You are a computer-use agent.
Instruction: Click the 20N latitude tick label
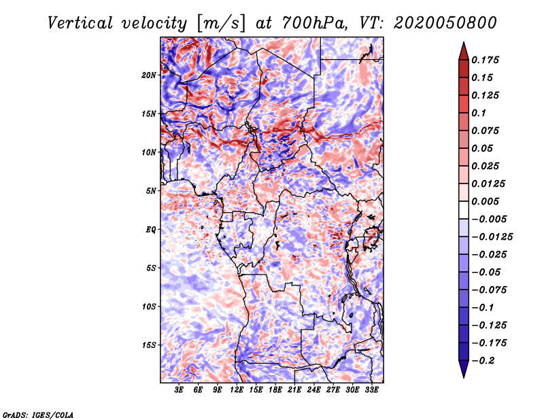(150, 75)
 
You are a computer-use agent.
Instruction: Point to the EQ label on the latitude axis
(151, 230)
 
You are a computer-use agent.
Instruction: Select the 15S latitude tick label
(150, 345)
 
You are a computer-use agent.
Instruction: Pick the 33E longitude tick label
(371, 390)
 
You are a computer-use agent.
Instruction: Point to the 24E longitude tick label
(313, 390)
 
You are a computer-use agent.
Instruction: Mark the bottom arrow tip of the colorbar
(463, 377)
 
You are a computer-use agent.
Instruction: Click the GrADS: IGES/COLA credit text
(38, 414)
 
